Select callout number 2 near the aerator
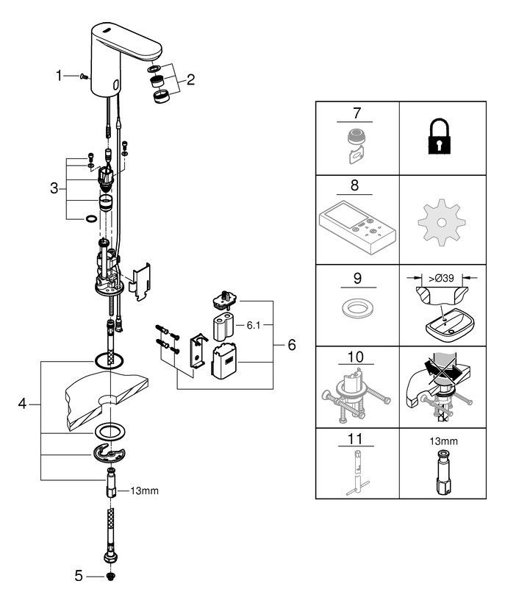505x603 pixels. (190, 79)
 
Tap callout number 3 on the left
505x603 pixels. (54, 188)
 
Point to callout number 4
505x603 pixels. (22, 404)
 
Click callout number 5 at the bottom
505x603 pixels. (80, 577)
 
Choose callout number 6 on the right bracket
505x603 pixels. (291, 344)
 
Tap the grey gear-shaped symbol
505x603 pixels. (440, 222)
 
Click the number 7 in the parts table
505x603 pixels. (356, 114)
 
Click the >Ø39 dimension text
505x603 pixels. (440, 278)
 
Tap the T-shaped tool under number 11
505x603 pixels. (356, 471)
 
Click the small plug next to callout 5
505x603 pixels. (111, 577)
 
